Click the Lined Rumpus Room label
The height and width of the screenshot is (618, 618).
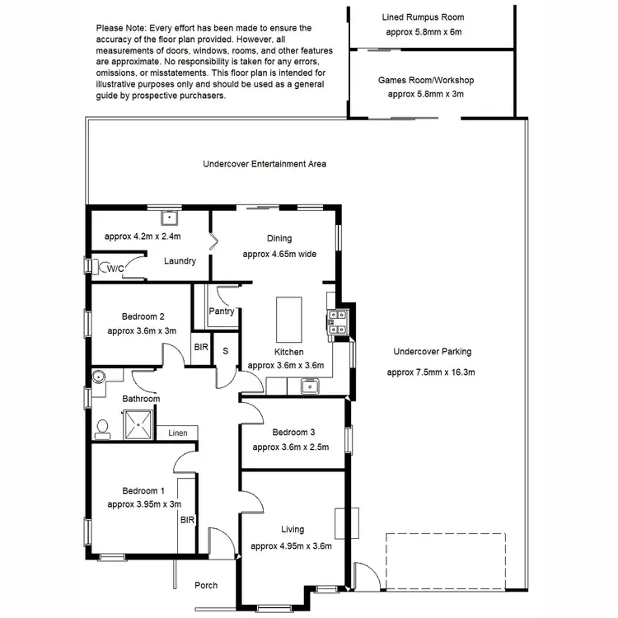[424, 17]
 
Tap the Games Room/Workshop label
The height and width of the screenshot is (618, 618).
[425, 81]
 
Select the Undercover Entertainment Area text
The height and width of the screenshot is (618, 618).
[265, 164]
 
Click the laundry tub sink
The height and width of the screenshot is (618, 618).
[171, 218]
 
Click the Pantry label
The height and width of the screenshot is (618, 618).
[222, 311]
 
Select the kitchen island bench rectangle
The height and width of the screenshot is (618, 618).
[288, 320]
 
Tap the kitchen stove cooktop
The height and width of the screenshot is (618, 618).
[339, 322]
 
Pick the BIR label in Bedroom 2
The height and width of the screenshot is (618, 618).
[201, 348]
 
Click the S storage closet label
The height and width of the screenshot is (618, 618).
[226, 350]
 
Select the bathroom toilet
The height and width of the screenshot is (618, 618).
[103, 427]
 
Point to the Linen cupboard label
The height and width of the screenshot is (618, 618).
[178, 433]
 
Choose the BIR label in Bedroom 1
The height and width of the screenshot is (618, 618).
[187, 520]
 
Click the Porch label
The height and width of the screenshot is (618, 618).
[206, 585]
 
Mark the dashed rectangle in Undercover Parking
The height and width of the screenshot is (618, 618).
[445, 560]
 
